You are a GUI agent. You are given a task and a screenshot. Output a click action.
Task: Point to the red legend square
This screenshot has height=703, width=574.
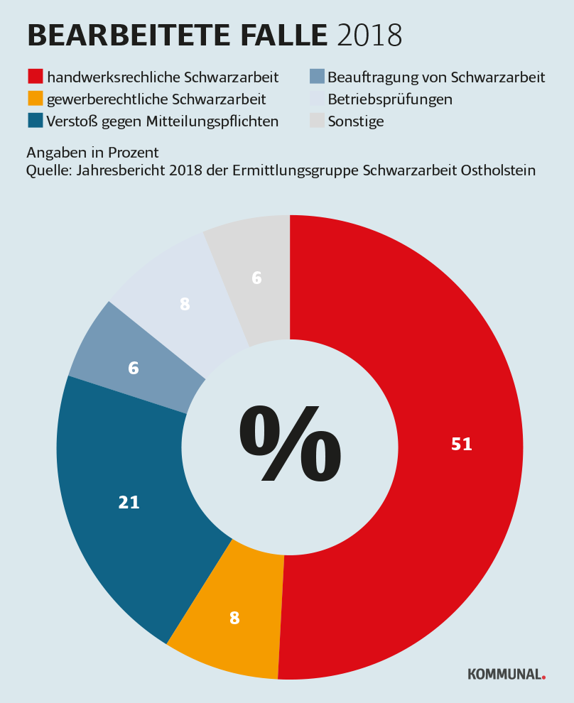pyautogui.click(x=36, y=77)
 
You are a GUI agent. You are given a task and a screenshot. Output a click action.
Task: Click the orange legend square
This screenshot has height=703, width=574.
pyautogui.click(x=36, y=99)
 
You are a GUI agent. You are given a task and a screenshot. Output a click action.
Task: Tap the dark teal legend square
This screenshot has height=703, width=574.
pyautogui.click(x=36, y=121)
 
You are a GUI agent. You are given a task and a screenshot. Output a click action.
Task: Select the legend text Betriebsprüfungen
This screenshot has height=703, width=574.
pyautogui.click(x=389, y=99)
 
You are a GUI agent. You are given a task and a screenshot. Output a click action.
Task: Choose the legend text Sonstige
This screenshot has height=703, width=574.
pyautogui.click(x=355, y=121)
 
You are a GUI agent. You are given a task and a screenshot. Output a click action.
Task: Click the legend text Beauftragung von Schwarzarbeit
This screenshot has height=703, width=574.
pyautogui.click(x=435, y=77)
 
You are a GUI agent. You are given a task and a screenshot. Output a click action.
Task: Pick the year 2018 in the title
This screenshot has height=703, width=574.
pyautogui.click(x=369, y=36)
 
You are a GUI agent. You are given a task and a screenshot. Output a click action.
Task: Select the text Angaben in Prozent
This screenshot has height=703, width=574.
pyautogui.click(x=92, y=153)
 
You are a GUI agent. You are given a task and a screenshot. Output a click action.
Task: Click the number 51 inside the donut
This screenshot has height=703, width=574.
pyautogui.click(x=462, y=445)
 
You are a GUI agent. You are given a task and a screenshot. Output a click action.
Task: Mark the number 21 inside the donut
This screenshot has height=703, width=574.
pyautogui.click(x=129, y=503)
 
